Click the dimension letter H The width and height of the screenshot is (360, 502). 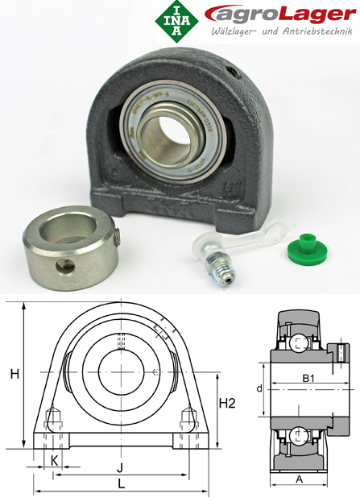pos(14,374)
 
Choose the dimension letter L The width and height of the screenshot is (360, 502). pos(121,483)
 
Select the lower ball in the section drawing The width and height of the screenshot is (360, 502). pos(299,436)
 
